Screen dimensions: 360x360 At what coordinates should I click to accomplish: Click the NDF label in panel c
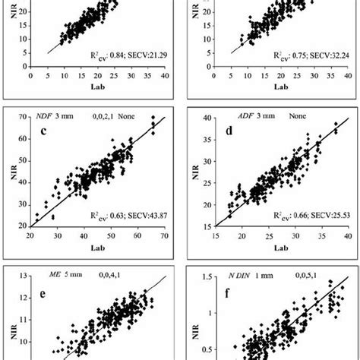(47, 116)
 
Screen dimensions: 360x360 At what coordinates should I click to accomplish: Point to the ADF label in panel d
(225, 116)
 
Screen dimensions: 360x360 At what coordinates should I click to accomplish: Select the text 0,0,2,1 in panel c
(96, 116)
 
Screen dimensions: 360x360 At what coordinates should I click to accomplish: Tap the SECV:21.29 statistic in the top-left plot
(144, 56)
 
